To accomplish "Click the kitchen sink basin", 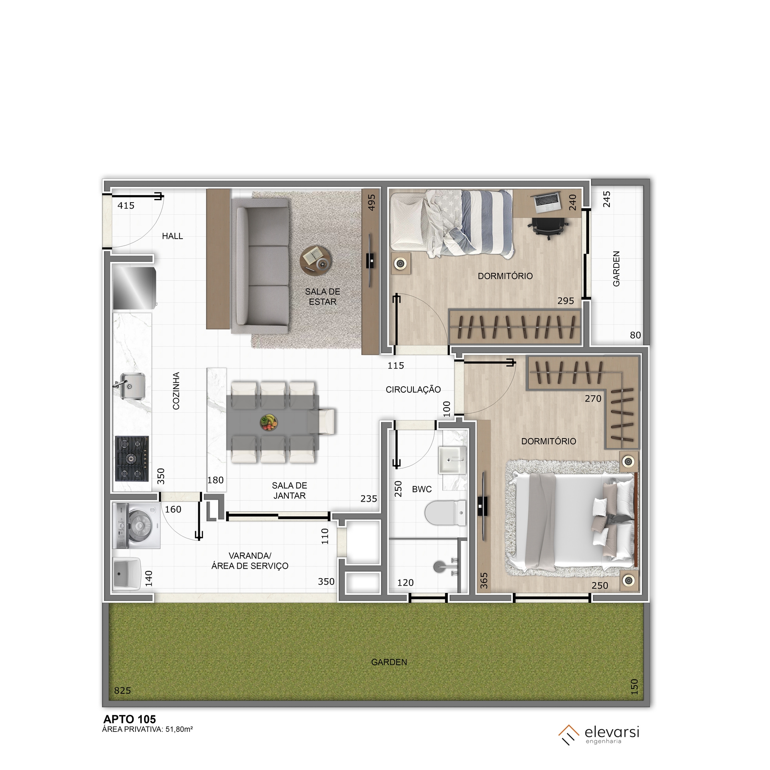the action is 132,386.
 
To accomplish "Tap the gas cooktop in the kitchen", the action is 132,458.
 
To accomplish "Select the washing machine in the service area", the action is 136,526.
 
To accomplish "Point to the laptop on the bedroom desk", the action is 547,202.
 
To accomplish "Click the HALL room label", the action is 172,236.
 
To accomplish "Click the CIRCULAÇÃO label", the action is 413,389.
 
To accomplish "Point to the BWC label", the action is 422,489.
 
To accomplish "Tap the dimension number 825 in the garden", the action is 122,691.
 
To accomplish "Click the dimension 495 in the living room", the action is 372,202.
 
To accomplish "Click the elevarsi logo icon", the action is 569,735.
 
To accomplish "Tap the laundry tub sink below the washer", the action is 127,574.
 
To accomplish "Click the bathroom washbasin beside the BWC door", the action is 452,460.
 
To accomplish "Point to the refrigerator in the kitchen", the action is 134,288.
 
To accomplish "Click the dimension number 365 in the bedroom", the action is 484,581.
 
